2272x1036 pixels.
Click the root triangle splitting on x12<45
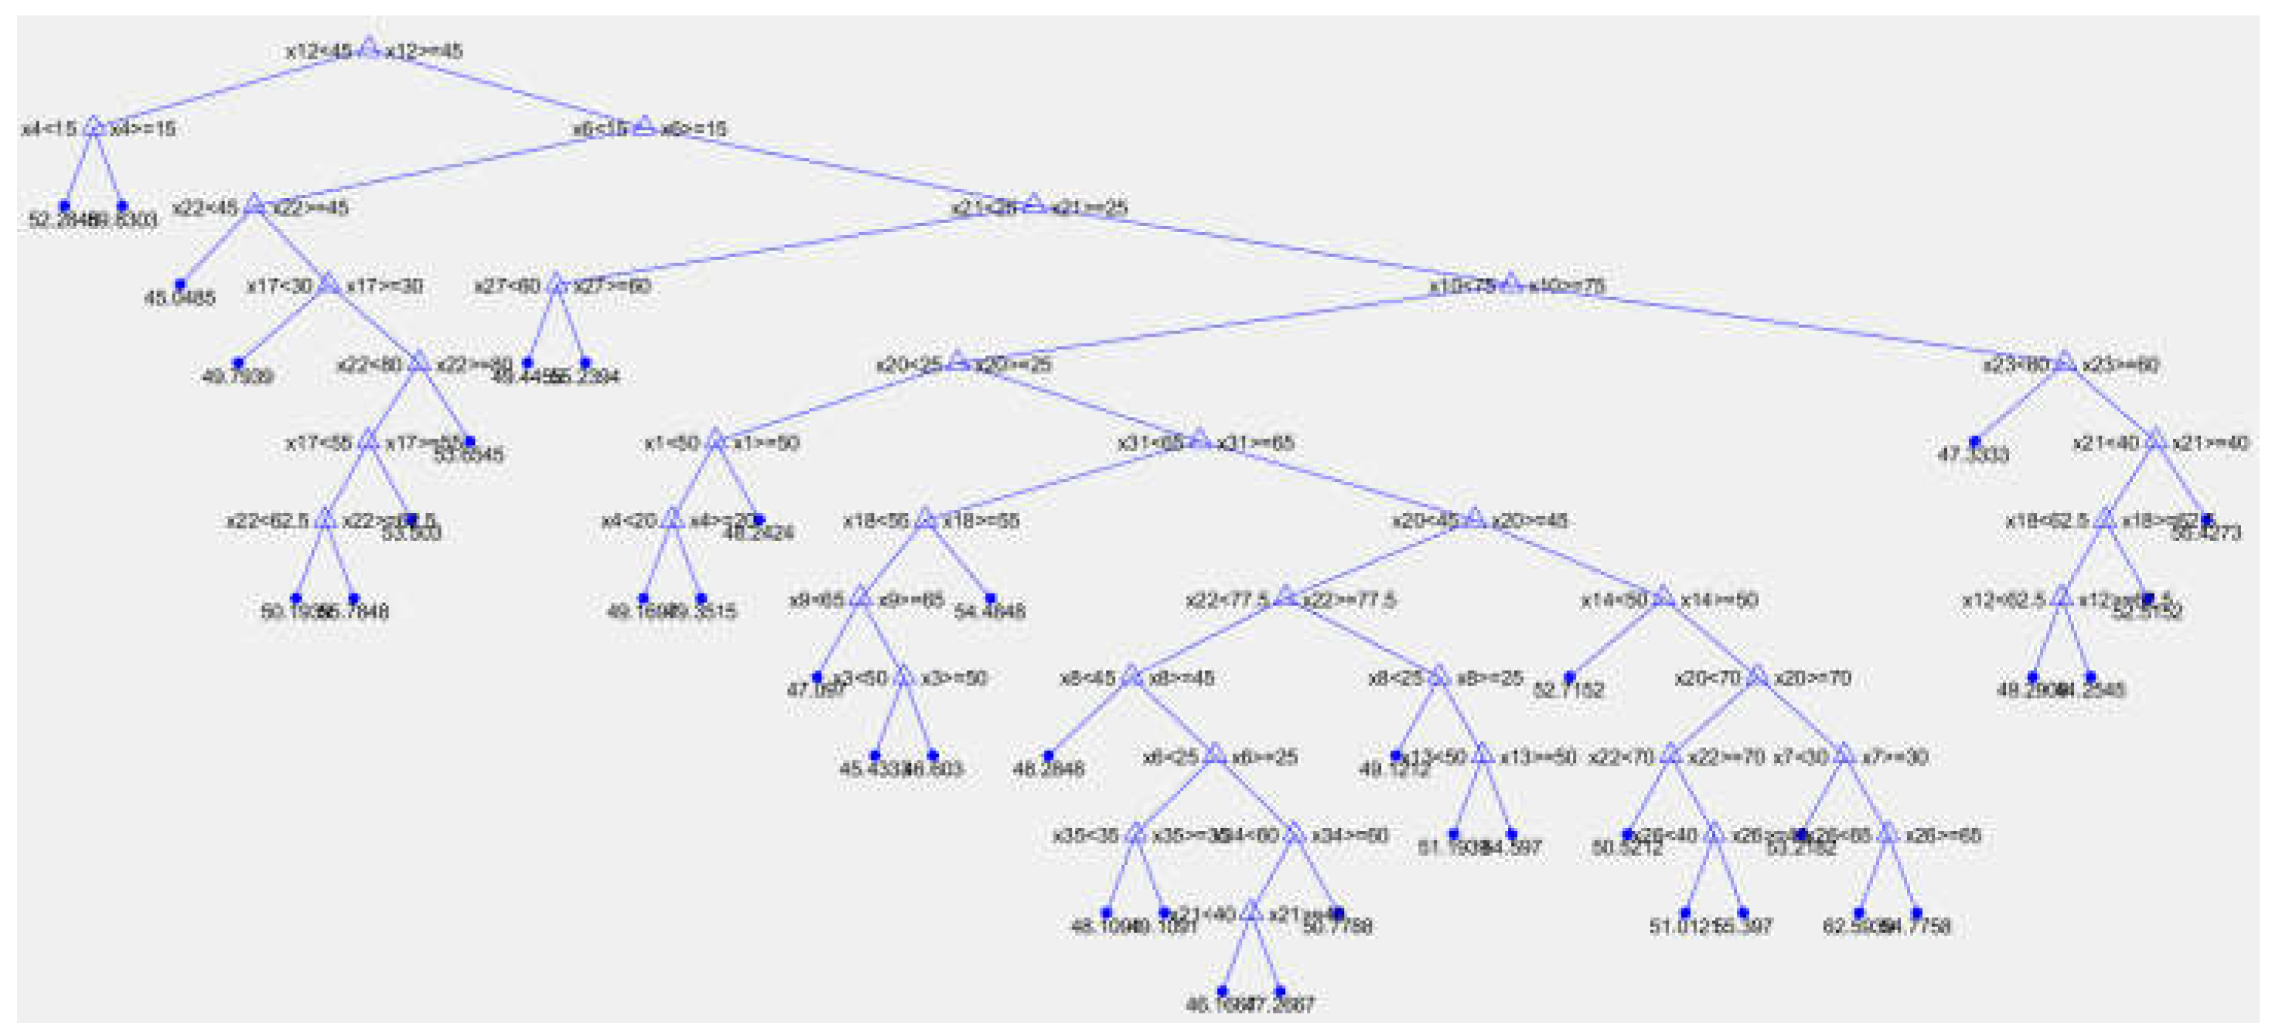pyautogui.click(x=369, y=49)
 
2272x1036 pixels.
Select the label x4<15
pyautogui.click(x=49, y=129)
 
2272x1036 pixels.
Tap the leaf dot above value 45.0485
pyautogui.click(x=180, y=284)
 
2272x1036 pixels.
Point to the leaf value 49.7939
pyautogui.click(x=237, y=377)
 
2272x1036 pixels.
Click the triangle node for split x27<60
pyautogui.click(x=556, y=284)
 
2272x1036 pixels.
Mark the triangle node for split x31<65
pyautogui.click(x=1199, y=439)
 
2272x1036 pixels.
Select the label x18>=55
pyautogui.click(x=981, y=521)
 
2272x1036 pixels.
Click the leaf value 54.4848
pyautogui.click(x=990, y=610)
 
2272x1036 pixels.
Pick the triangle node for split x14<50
pyautogui.click(x=1663, y=597)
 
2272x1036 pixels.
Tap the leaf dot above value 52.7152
pyautogui.click(x=1569, y=677)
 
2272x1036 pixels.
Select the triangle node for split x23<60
pyautogui.click(x=2064, y=362)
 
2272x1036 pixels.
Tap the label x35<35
pyautogui.click(x=1085, y=836)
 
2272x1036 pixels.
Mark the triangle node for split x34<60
pyautogui.click(x=1293, y=833)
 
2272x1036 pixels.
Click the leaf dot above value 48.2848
pyautogui.click(x=1049, y=755)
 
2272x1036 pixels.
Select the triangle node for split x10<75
pyautogui.click(x=1511, y=284)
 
